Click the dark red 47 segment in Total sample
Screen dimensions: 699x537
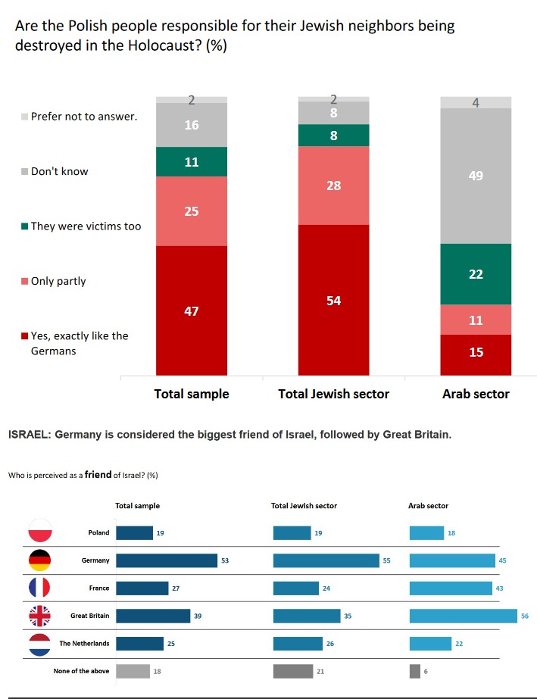tap(192, 310)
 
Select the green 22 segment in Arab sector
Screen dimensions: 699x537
tap(476, 274)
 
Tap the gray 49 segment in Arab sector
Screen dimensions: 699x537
tap(476, 176)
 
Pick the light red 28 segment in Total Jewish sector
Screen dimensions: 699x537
tap(333, 185)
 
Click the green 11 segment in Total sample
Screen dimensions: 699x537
tap(192, 161)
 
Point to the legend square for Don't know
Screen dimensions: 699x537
tap(24, 172)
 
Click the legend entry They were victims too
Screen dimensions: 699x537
tap(85, 226)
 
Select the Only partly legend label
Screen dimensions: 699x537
tap(58, 281)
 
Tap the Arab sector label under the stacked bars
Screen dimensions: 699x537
tap(476, 394)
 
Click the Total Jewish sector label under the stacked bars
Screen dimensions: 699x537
tap(333, 394)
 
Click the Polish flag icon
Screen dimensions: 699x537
tap(39, 532)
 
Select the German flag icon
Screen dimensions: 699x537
tap(39, 560)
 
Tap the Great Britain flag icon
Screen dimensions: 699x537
tap(39, 616)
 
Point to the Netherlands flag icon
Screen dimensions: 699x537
tap(39, 644)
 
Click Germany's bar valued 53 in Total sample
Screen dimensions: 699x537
tap(167, 560)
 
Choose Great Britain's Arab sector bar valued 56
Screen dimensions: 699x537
tap(463, 616)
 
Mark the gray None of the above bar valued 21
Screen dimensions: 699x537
tap(292, 671)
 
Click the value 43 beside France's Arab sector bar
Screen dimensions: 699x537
tap(500, 588)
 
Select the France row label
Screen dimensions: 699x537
tap(99, 588)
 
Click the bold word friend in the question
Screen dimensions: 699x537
tap(98, 475)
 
